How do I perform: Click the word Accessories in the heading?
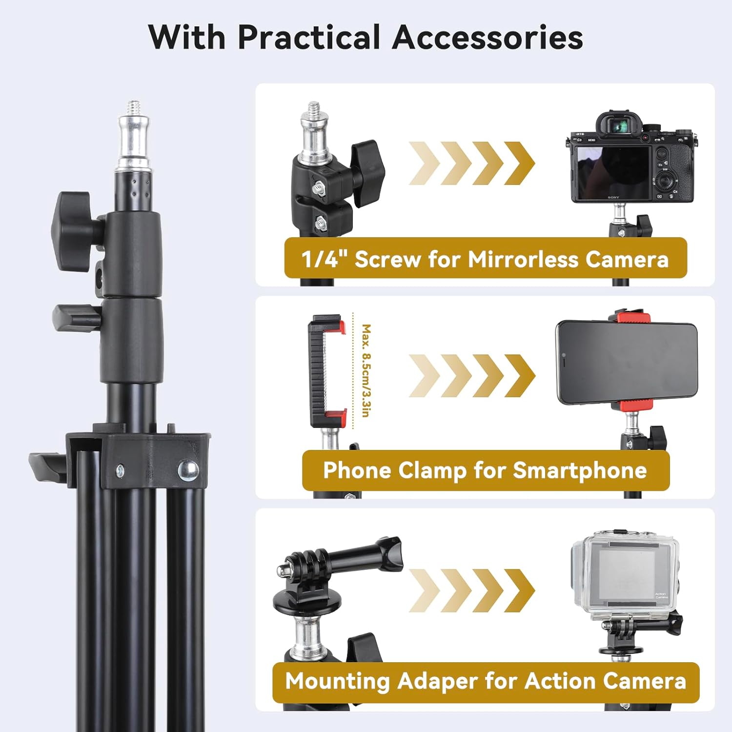click(x=488, y=37)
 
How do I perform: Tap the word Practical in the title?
click(x=308, y=37)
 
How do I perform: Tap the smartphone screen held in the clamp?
click(x=627, y=364)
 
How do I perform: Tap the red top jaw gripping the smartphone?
click(x=629, y=318)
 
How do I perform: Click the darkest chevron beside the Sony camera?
click(x=519, y=163)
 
